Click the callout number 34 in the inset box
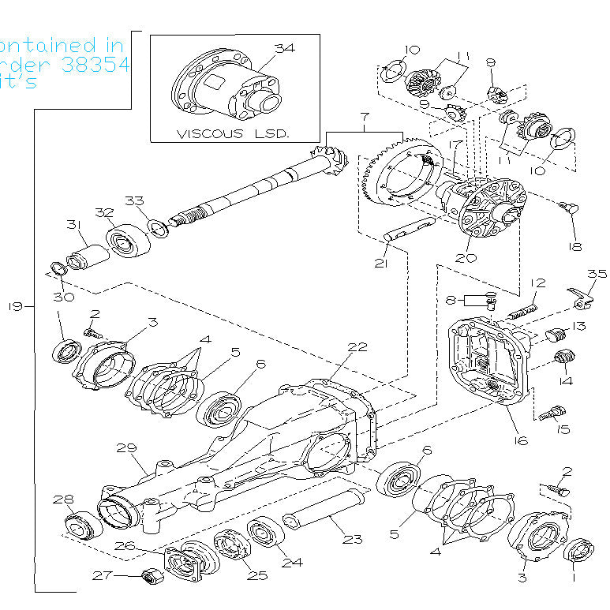(284, 48)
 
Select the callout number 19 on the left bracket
(15, 306)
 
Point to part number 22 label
(358, 346)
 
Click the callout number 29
(126, 448)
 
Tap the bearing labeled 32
(126, 239)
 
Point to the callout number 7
(364, 118)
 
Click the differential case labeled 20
(483, 209)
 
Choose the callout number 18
(574, 246)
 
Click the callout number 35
(597, 275)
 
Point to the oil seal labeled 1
(582, 551)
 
